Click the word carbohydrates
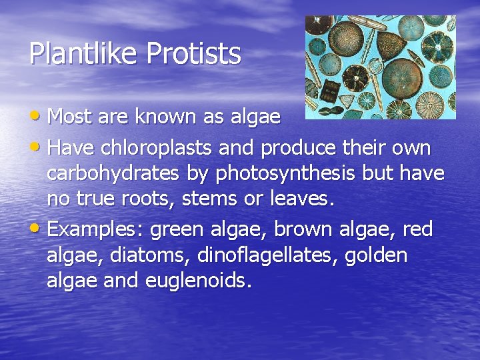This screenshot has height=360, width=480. click(112, 173)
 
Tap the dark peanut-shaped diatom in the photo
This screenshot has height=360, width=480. click(331, 111)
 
